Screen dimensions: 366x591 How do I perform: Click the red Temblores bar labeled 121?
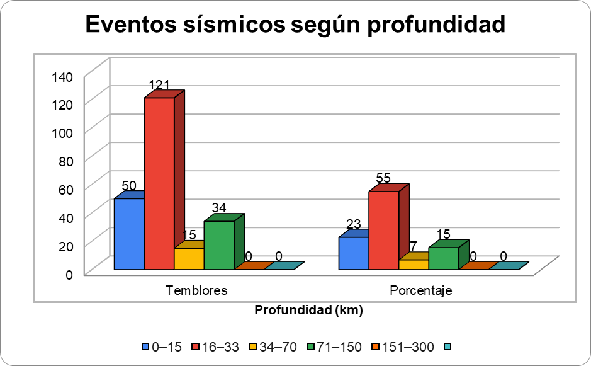click(159, 183)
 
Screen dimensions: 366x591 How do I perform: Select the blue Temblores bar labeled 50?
click(129, 234)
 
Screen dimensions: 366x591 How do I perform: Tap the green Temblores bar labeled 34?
click(219, 245)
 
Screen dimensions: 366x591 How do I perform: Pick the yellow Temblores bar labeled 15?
click(189, 259)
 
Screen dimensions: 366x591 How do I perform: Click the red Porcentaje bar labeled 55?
click(383, 231)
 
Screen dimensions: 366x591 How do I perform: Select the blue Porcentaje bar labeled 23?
click(354, 253)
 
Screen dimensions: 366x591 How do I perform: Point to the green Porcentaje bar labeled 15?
click(444, 258)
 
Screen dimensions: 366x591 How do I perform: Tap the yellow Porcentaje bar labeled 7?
click(414, 265)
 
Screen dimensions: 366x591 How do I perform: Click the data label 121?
click(159, 85)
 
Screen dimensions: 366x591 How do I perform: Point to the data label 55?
click(384, 178)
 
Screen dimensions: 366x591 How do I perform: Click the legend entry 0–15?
click(162, 346)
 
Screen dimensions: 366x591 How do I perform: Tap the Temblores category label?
click(196, 290)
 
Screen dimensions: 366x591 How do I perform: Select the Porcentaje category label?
click(421, 290)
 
